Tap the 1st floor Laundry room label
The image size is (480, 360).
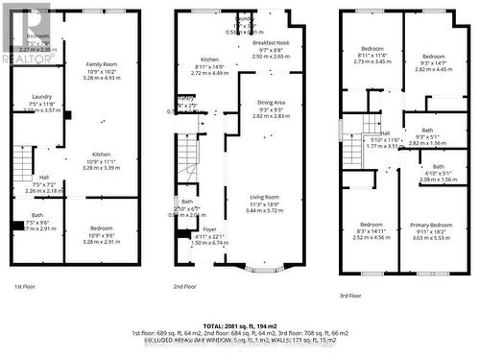40,96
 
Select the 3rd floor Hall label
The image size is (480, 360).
384,133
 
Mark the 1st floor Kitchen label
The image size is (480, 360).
102,154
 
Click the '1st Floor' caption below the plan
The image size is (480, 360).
25,286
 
